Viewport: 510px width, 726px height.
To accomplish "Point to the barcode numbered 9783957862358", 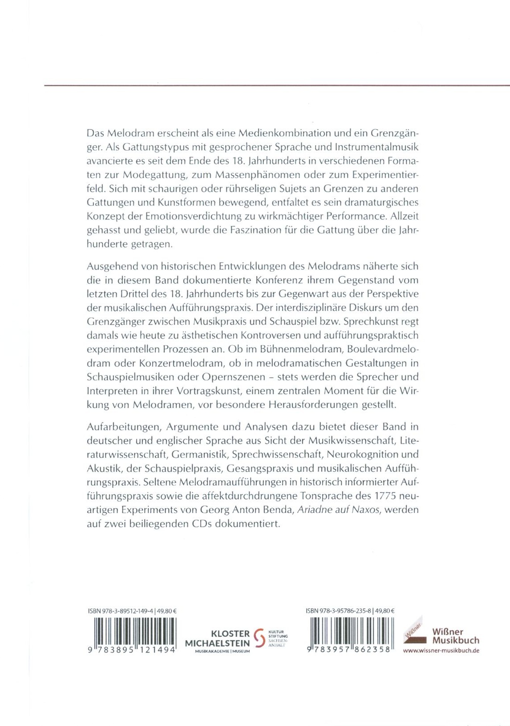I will (x=350, y=632).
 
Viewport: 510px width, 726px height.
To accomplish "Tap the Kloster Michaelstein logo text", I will (x=218, y=639).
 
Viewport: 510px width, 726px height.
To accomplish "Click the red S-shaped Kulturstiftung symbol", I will (x=259, y=638).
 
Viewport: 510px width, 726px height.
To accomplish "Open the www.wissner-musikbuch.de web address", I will (x=441, y=651).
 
